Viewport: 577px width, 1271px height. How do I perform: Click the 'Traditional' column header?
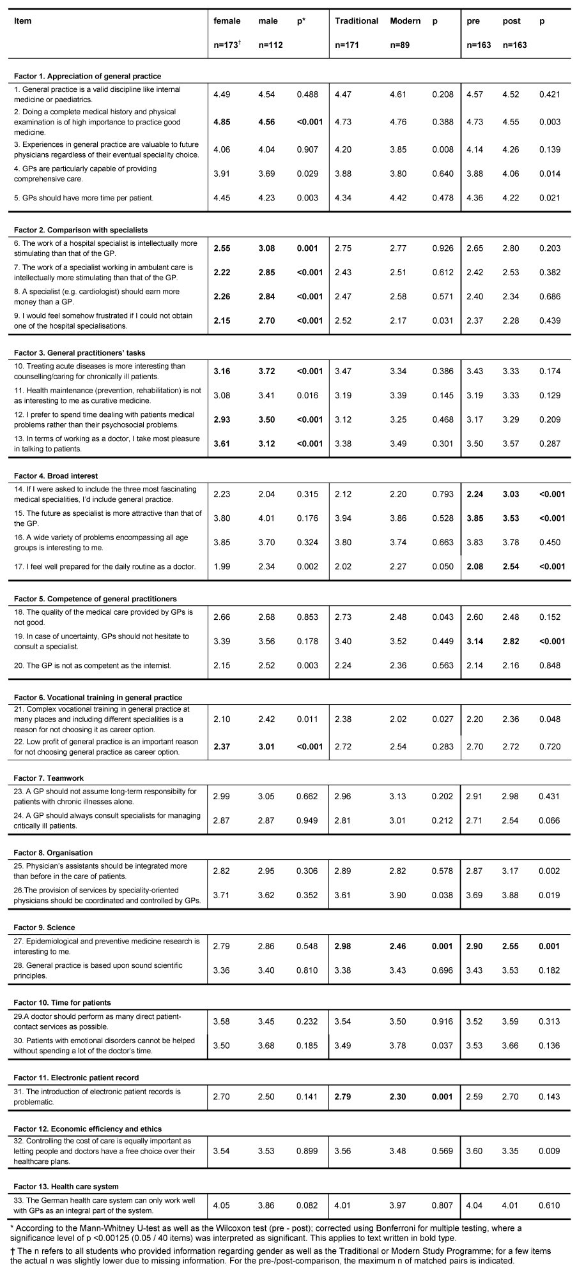(356, 21)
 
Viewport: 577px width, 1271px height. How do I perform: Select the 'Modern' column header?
(405, 21)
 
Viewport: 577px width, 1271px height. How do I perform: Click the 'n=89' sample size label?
(401, 45)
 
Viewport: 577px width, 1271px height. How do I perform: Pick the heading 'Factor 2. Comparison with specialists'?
(81, 230)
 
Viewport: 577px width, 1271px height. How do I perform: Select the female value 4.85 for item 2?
(222, 122)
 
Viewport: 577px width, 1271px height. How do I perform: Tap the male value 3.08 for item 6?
(268, 248)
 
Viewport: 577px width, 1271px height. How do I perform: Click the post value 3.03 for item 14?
(511, 494)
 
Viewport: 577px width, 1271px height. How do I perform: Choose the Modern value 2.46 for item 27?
(397, 946)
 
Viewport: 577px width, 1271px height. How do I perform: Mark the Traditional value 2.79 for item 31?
(344, 1097)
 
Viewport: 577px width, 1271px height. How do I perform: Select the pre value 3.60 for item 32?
(475, 1151)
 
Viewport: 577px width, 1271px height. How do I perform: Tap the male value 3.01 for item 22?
(268, 747)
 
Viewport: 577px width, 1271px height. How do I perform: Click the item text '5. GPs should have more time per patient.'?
(84, 198)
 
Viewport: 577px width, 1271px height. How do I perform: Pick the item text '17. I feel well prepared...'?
(105, 567)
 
